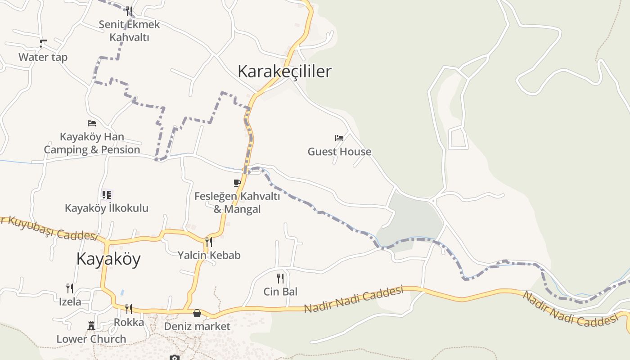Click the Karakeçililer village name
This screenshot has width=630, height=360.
[284, 72]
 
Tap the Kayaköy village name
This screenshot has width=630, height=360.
[108, 259]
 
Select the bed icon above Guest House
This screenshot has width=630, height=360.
[339, 138]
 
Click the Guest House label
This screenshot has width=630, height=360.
[339, 152]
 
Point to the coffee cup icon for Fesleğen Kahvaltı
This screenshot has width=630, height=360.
[237, 183]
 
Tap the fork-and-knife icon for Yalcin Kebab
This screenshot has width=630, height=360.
[208, 242]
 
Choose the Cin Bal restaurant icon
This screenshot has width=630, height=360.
[280, 278]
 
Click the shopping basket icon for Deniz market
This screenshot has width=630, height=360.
[197, 313]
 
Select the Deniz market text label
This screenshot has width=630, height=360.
[197, 326]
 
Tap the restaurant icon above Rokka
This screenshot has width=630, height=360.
[129, 309]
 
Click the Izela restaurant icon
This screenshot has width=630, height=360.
[70, 288]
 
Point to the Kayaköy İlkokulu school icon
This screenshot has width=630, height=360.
[106, 195]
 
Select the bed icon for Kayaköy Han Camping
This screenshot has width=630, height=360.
[92, 123]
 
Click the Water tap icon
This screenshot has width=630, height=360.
[43, 44]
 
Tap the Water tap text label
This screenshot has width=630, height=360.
[43, 57]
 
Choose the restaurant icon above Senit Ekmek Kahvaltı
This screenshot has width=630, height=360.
[129, 11]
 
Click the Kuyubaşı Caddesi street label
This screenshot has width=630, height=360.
[49, 228]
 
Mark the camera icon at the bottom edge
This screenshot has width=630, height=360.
[175, 358]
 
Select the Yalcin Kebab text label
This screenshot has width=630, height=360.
[209, 255]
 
